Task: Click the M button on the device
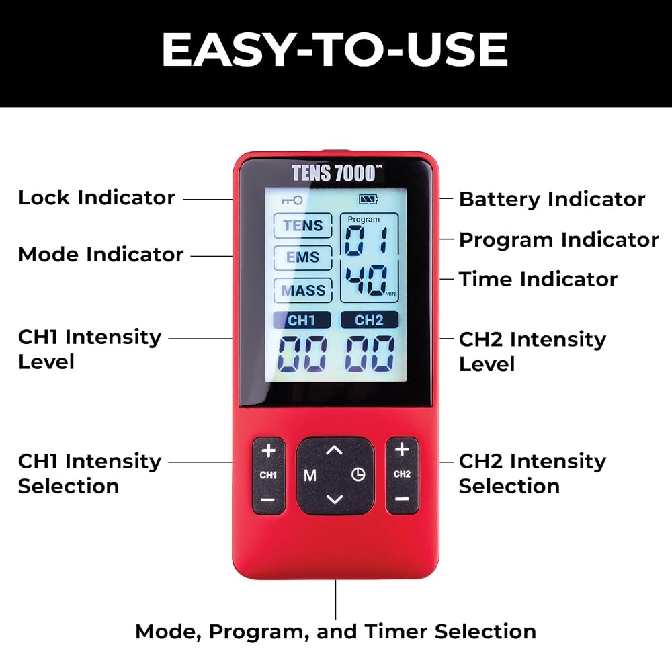[x=310, y=475]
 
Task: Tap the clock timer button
[x=358, y=474]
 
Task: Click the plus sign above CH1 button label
[x=269, y=450]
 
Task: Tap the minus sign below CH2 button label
[x=402, y=499]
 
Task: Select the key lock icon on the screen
[x=292, y=200]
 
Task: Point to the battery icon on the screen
[x=368, y=199]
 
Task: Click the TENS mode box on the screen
[x=303, y=225]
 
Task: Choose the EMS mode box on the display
[x=303, y=257]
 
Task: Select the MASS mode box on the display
[x=303, y=290]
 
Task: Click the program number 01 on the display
[x=366, y=240]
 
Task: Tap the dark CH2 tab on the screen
[x=370, y=320]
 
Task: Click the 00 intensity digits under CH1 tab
[x=302, y=353]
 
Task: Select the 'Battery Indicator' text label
[x=552, y=200]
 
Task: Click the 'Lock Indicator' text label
[x=96, y=198]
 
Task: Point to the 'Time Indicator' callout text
[x=538, y=279]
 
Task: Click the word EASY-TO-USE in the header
[x=335, y=50]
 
